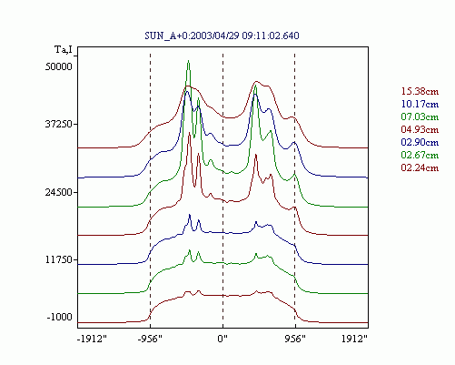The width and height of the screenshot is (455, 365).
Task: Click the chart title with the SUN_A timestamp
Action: (x=222, y=35)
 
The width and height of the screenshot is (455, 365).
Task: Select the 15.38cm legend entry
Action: (x=420, y=91)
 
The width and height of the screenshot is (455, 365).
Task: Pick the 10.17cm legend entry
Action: (x=420, y=104)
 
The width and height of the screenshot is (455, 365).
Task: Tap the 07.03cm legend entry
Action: (x=420, y=117)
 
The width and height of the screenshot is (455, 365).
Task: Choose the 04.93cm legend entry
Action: (x=420, y=129)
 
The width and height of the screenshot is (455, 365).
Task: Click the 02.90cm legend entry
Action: (x=420, y=142)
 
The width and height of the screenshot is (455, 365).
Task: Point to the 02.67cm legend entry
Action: (x=420, y=155)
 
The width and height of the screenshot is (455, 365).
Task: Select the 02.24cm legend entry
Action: (x=420, y=167)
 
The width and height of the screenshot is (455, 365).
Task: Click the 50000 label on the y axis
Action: (x=59, y=66)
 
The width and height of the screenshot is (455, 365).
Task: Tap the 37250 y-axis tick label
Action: (x=59, y=124)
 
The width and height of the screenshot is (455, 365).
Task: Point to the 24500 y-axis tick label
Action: (x=59, y=192)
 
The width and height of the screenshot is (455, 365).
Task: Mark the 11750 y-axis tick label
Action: (x=59, y=260)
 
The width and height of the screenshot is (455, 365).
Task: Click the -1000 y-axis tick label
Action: (x=60, y=317)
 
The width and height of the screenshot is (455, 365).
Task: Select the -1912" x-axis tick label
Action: (x=92, y=339)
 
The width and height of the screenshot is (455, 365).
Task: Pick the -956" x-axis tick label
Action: (x=150, y=339)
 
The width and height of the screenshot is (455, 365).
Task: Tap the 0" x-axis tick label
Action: (x=223, y=339)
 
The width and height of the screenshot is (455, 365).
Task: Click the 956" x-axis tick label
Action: (x=295, y=339)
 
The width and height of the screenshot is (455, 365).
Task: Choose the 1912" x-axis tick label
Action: (x=354, y=339)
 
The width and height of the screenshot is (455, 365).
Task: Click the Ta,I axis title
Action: (x=64, y=49)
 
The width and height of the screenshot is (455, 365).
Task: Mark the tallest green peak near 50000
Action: (x=188, y=61)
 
